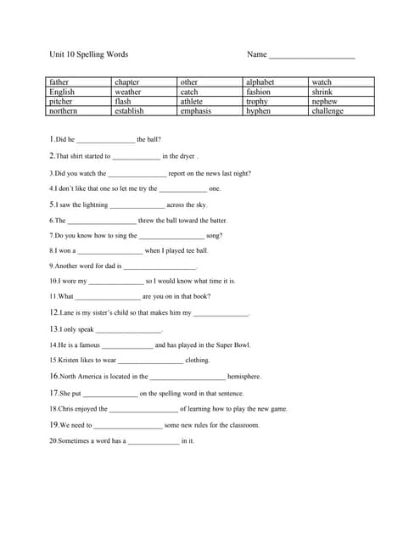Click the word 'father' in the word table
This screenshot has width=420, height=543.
coord(60,82)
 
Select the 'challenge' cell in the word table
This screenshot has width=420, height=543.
coord(328,111)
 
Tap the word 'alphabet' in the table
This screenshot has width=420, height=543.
coord(260,82)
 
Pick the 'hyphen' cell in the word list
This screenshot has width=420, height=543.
coord(258,111)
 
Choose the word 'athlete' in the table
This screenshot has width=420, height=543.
coord(192,102)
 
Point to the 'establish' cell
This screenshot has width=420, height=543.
coord(129,111)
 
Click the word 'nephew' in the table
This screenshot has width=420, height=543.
coord(324,102)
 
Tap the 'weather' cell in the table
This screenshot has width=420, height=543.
coord(128,92)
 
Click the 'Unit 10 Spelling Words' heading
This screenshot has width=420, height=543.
coord(89,54)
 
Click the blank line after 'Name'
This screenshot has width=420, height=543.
coord(311,56)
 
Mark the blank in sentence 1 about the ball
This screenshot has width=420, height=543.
coord(106,141)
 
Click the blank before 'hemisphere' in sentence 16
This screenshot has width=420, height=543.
coord(188,378)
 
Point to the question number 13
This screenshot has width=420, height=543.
coord(53,329)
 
